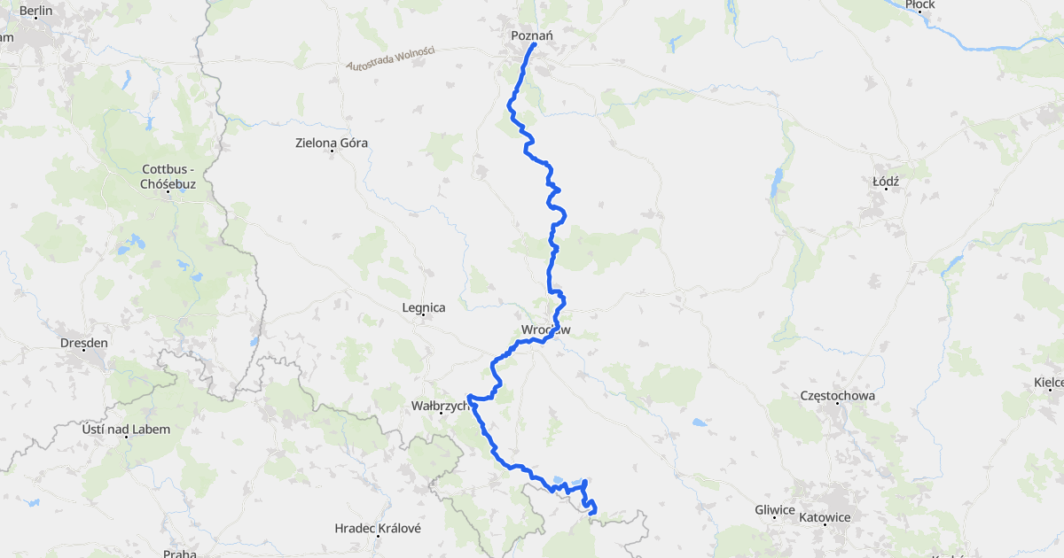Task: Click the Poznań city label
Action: [x=532, y=35]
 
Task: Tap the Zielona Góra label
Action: [x=332, y=143]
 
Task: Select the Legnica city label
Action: [x=423, y=307]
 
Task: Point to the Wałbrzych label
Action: [x=438, y=407]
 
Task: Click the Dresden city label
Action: [x=83, y=343]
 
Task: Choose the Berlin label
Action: [x=35, y=12]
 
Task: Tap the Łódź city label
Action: [x=886, y=181]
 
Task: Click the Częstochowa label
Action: [x=838, y=395]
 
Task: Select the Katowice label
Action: [x=825, y=517]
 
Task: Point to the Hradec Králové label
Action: [x=377, y=528]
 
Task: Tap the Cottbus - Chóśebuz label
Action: [x=168, y=176]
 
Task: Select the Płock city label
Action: [x=920, y=4]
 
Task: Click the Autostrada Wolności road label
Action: [x=390, y=58]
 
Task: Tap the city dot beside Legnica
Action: [x=423, y=317]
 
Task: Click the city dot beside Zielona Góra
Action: [x=332, y=151]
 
